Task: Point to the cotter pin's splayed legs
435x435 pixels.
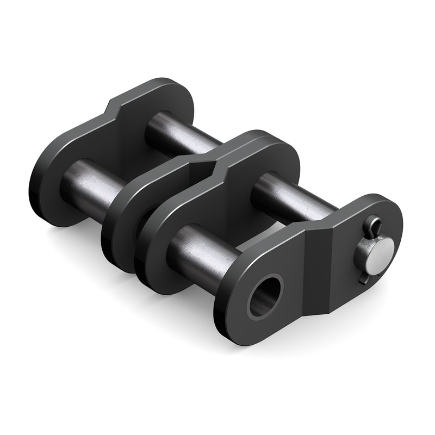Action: coord(363,275)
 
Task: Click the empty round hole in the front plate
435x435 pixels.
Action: coord(265,295)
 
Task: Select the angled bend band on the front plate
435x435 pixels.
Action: coord(318,272)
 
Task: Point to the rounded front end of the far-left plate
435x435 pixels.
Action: coord(49,190)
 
